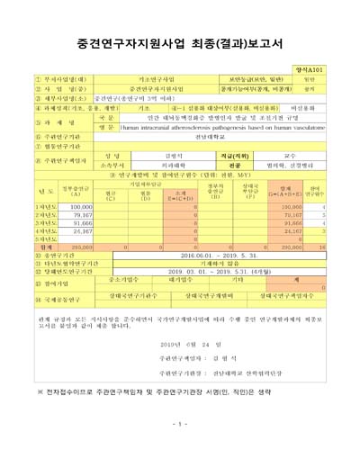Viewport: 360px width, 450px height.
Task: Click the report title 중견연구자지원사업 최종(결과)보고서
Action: point(180,40)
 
